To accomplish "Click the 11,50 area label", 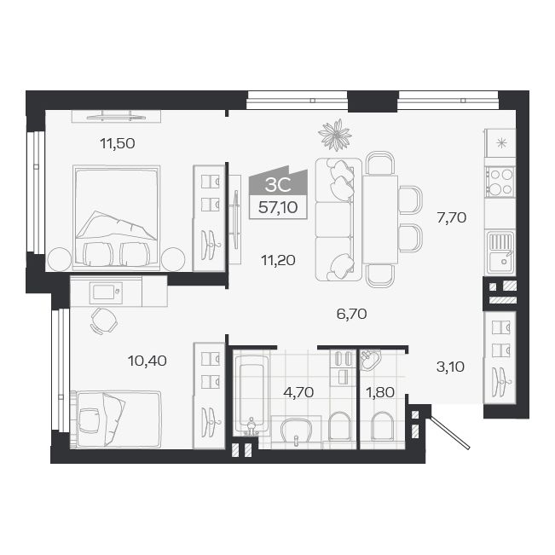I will (x=118, y=143).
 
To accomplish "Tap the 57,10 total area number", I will (x=272, y=207).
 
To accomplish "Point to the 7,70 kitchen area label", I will (x=451, y=217).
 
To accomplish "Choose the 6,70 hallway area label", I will (x=351, y=313).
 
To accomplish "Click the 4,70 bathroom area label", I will (x=298, y=392).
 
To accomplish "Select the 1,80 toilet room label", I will (x=380, y=392).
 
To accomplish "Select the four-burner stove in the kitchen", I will (x=500, y=182).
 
